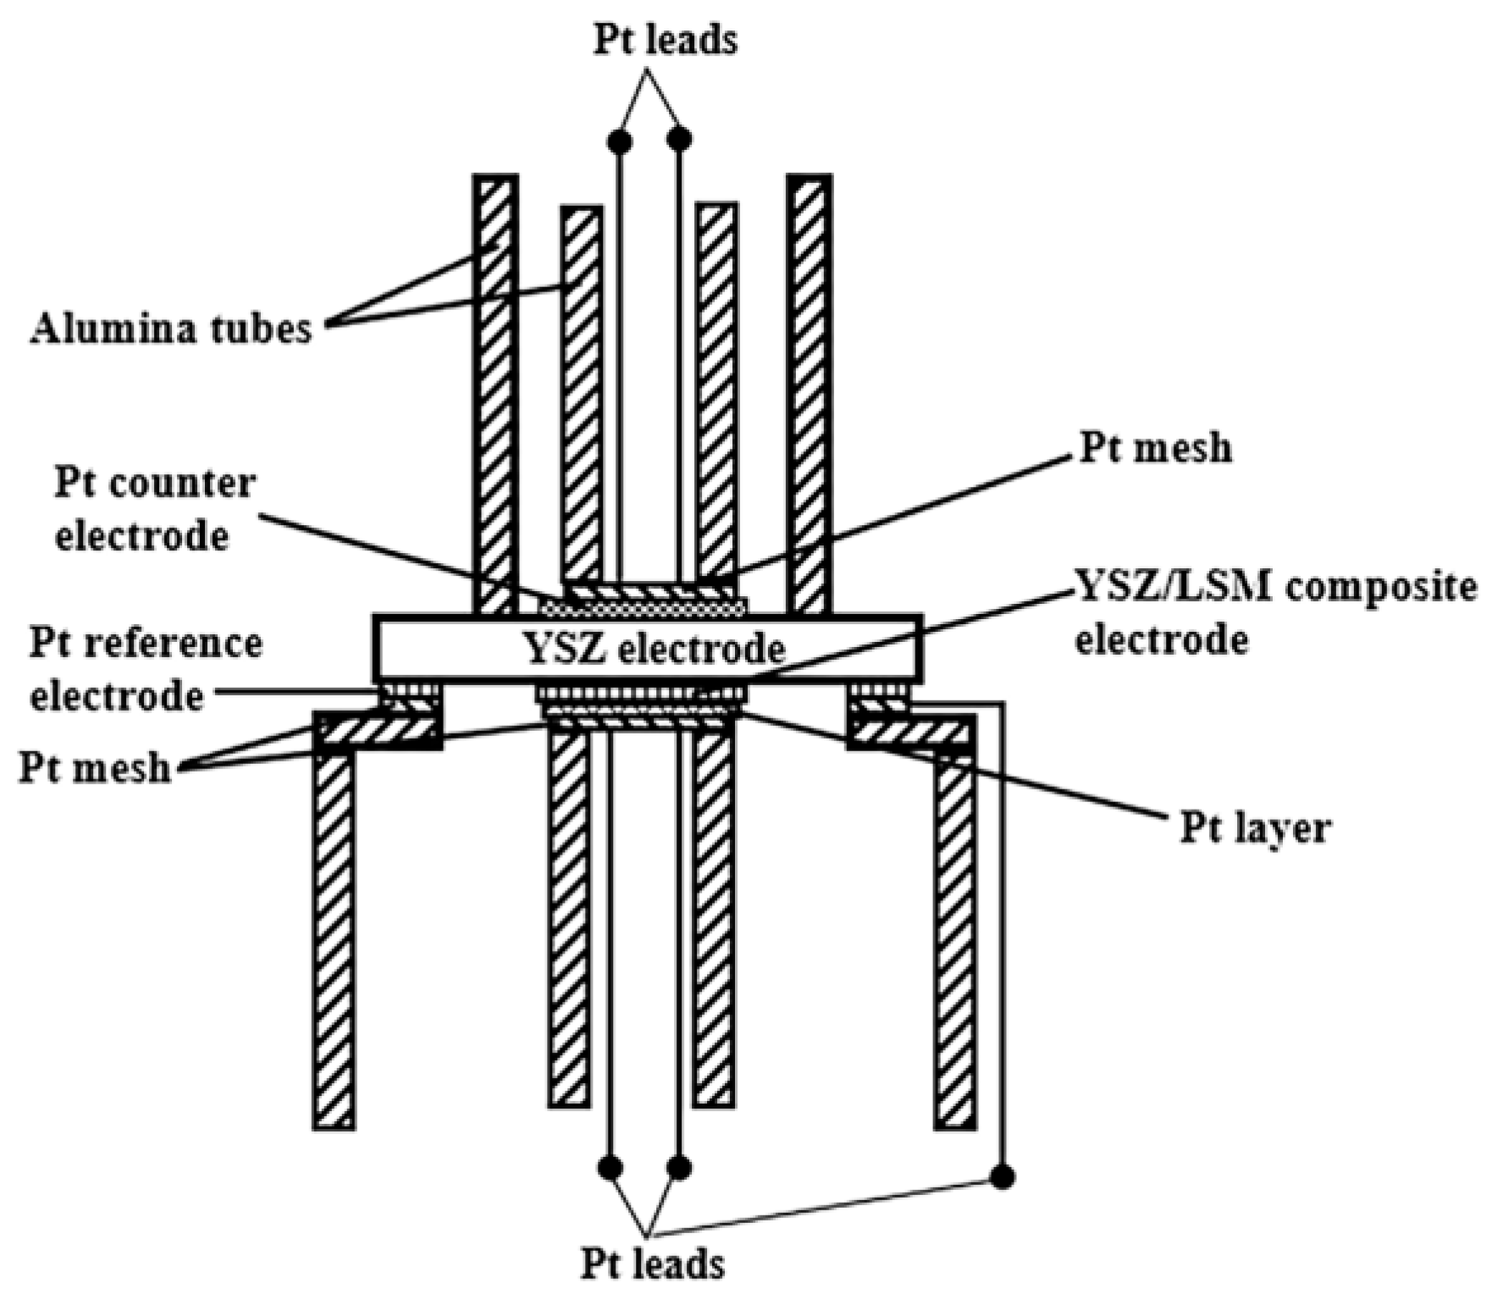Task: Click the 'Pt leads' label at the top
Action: [665, 41]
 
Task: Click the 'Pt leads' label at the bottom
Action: [653, 1264]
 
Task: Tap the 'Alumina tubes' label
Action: [172, 329]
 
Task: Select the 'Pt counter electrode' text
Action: [155, 510]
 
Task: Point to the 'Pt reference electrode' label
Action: [146, 669]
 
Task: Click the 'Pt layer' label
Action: [1255, 827]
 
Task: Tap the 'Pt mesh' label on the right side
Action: [1155, 448]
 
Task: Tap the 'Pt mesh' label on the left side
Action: [95, 767]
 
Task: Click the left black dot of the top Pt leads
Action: [620, 141]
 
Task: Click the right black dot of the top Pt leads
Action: [679, 138]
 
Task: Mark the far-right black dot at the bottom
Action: [1002, 1176]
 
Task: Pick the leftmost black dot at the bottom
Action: [610, 1168]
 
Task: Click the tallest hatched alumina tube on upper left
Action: [495, 394]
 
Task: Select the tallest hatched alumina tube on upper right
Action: [810, 394]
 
